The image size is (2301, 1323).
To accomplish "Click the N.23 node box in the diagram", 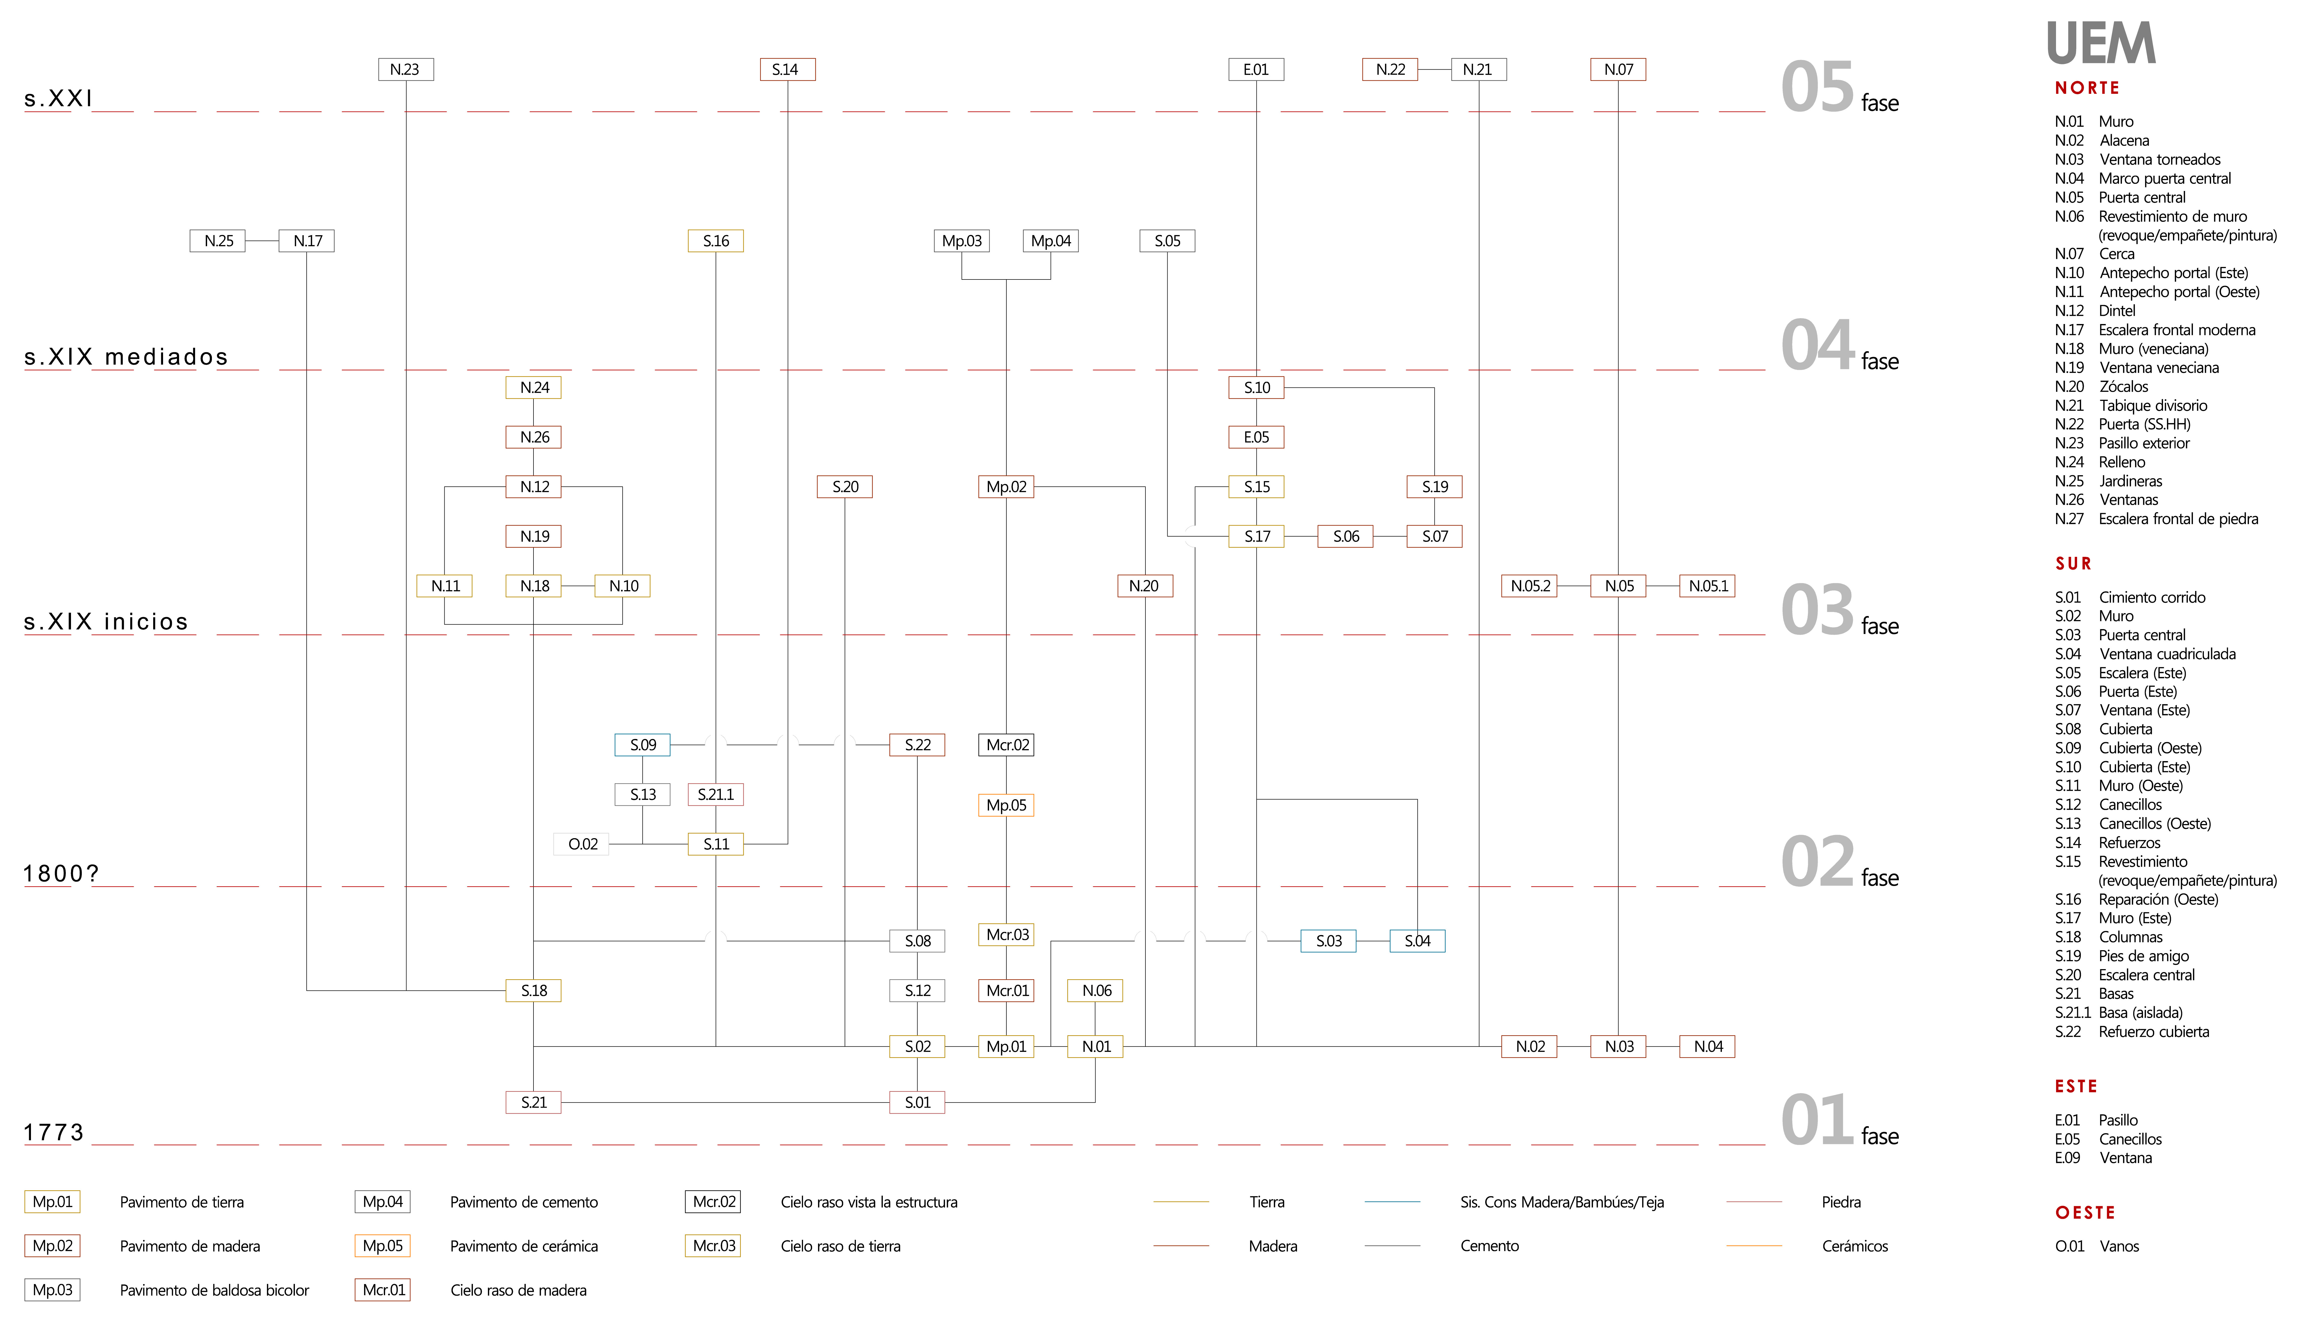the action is coord(405,69).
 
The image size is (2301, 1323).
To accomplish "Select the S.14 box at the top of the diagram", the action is coord(787,69).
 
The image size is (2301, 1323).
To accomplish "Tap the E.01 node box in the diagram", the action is coord(1256,69).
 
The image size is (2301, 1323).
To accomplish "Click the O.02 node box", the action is coord(582,844).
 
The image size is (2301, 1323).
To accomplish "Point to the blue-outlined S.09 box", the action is coord(643,745).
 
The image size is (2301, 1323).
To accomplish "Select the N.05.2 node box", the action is coord(1529,586).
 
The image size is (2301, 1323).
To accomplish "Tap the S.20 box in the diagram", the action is coord(845,487).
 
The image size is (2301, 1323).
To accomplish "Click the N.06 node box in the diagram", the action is coord(1096,990).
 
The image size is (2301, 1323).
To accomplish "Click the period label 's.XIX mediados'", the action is coord(126,357).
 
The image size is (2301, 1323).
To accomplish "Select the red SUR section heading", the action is coord(2074,563).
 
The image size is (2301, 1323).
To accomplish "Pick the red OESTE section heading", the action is coord(2086,1213).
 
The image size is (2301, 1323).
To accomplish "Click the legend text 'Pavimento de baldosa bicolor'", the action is coord(215,1290).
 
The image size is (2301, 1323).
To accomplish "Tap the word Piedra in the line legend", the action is coord(1841,1202).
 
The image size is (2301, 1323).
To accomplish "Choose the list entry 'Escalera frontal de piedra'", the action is coord(2178,519).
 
